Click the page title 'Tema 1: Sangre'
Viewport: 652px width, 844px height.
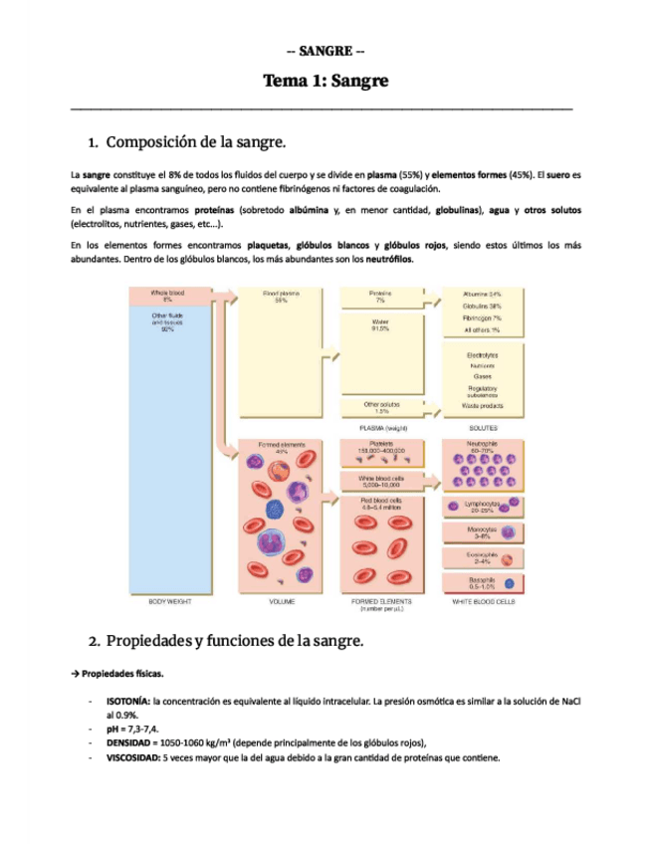click(x=326, y=81)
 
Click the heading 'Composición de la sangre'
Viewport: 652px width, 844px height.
click(x=196, y=142)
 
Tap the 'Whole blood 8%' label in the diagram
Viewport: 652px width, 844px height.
click(x=167, y=297)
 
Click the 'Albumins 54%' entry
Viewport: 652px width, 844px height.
click(x=482, y=295)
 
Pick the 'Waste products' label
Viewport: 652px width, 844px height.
click(x=482, y=406)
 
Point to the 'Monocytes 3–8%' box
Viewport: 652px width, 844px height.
click(x=482, y=533)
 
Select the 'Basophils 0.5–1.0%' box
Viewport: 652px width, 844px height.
click(x=482, y=583)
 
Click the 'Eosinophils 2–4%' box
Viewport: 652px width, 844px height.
click(x=482, y=558)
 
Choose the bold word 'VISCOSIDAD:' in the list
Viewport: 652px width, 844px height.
click(x=133, y=757)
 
